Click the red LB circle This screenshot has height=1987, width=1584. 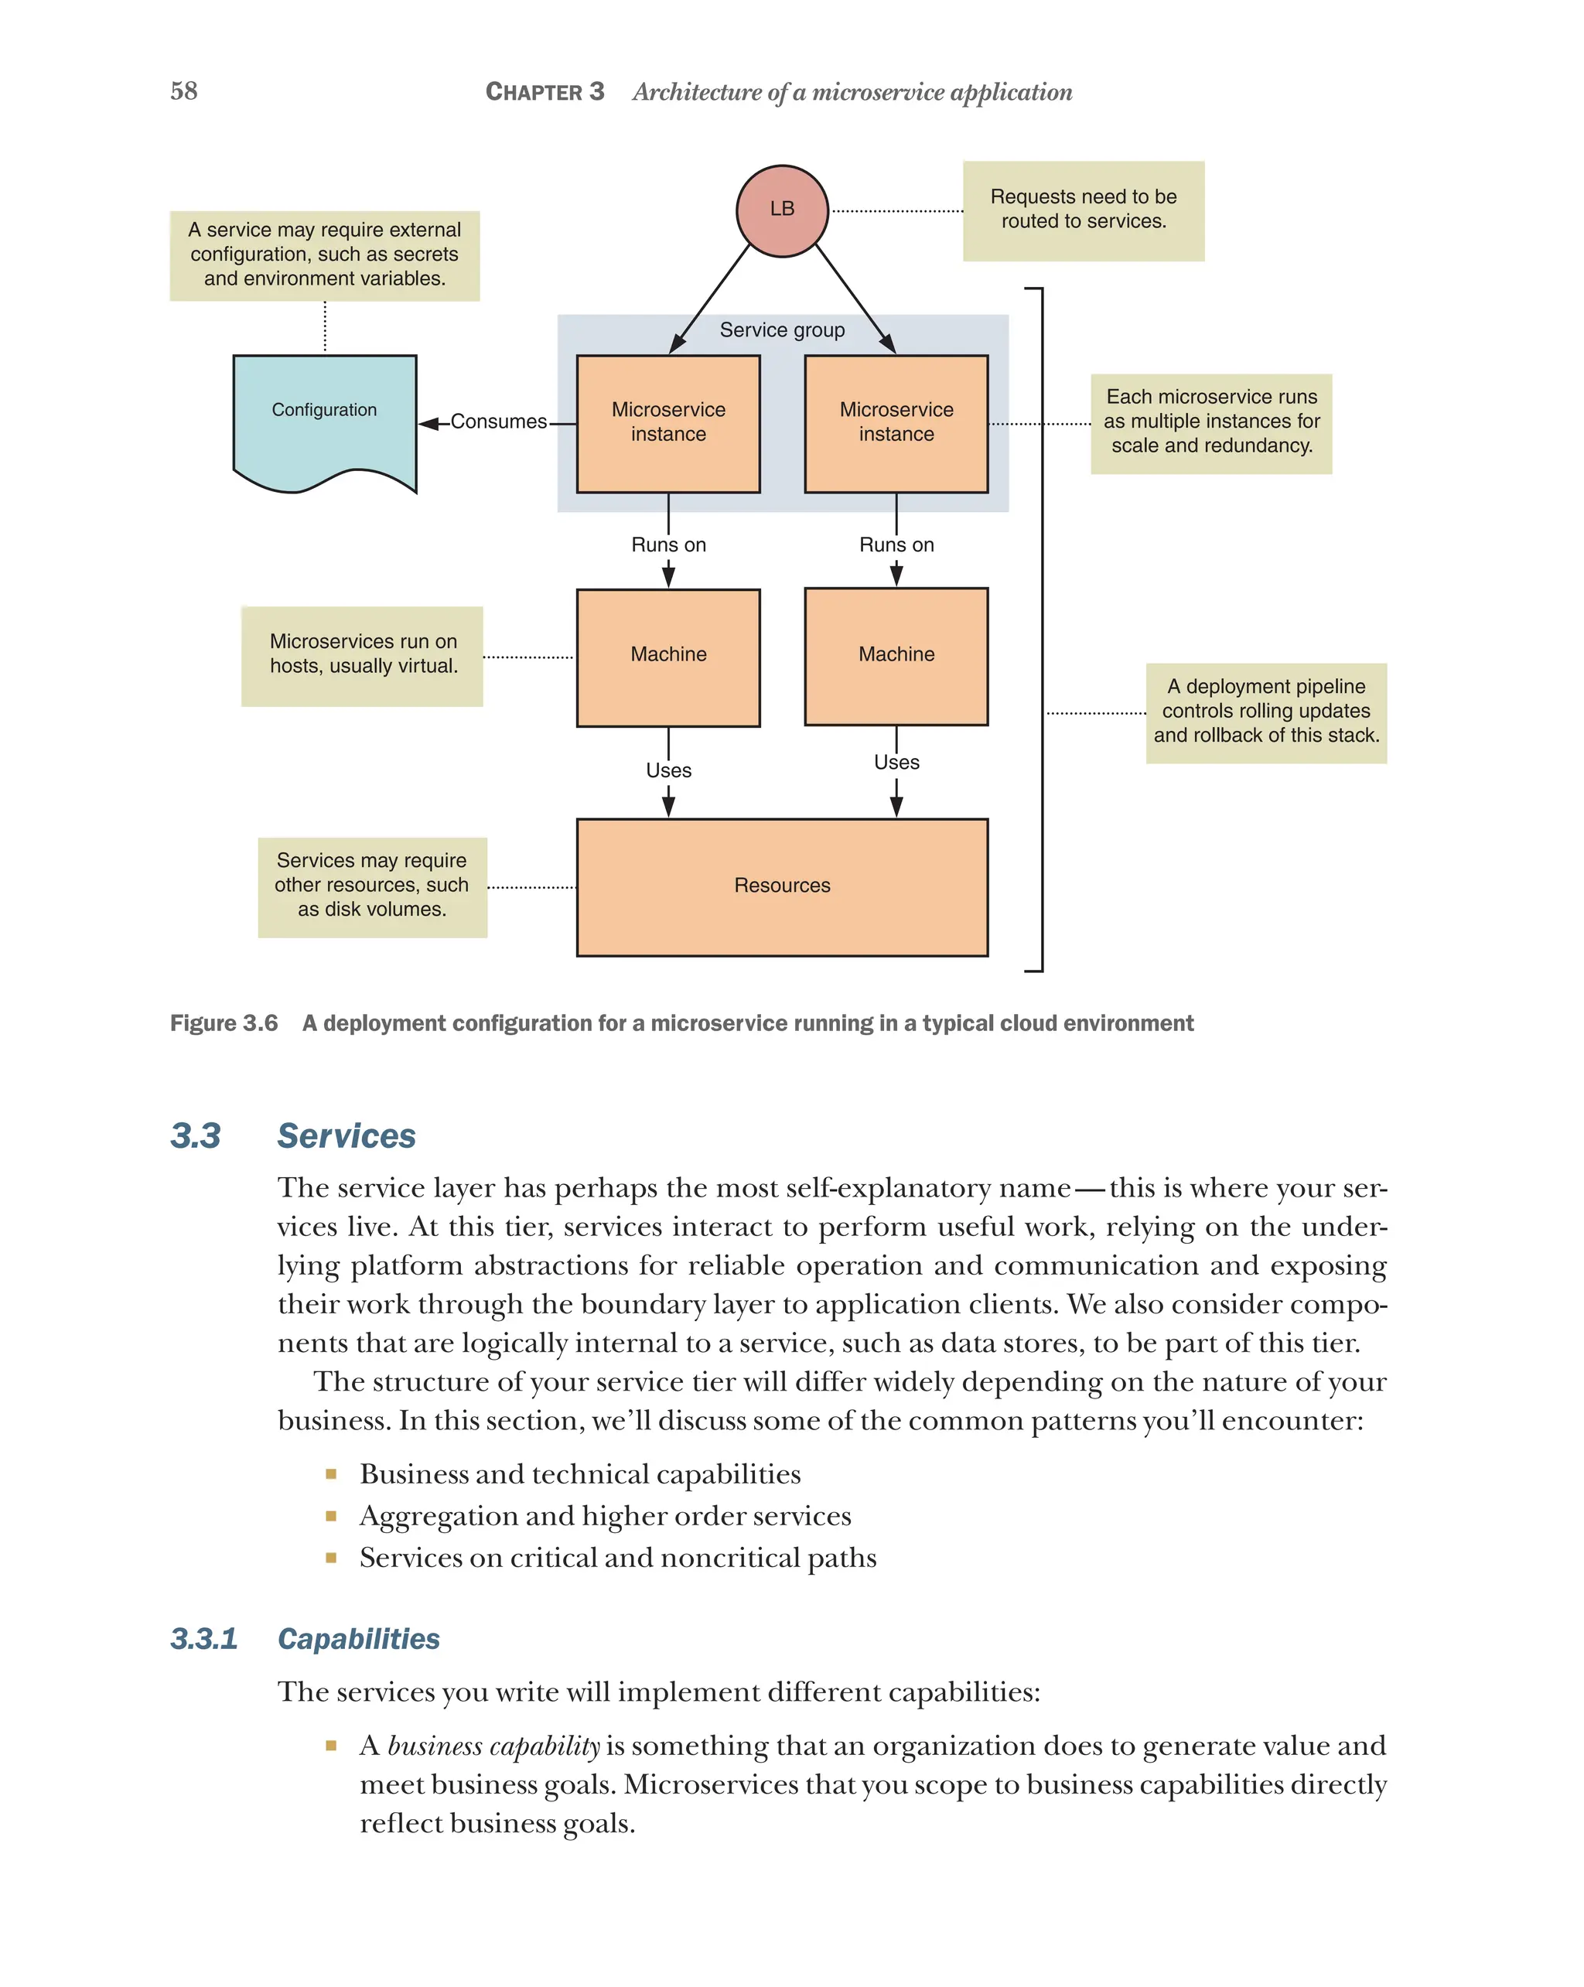pyautogui.click(x=781, y=210)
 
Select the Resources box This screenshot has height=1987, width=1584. pyautogui.click(x=781, y=886)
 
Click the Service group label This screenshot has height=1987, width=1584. pyautogui.click(x=781, y=330)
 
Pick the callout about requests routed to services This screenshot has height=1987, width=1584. pyautogui.click(x=1083, y=210)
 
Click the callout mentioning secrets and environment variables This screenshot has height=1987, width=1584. pyautogui.click(x=324, y=254)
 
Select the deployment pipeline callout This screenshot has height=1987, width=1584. pyautogui.click(x=1265, y=712)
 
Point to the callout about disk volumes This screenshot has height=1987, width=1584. pyautogui.click(x=371, y=886)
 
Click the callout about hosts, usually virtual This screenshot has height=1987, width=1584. pyautogui.click(x=362, y=654)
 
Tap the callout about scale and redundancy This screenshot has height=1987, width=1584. pyautogui.click(x=1210, y=422)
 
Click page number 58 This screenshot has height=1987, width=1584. pyautogui.click(x=183, y=91)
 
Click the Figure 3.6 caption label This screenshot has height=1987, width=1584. pyautogui.click(x=224, y=1024)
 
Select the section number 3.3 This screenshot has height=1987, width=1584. pyautogui.click(x=196, y=1136)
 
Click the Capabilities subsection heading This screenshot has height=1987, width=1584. pyautogui.click(x=358, y=1640)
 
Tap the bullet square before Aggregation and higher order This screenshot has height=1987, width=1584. pyautogui.click(x=331, y=1516)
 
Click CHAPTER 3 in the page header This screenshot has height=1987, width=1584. pyautogui.click(x=544, y=92)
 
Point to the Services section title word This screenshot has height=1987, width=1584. pyautogui.click(x=346, y=1136)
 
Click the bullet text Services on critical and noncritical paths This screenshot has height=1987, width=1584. pyautogui.click(x=617, y=1559)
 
